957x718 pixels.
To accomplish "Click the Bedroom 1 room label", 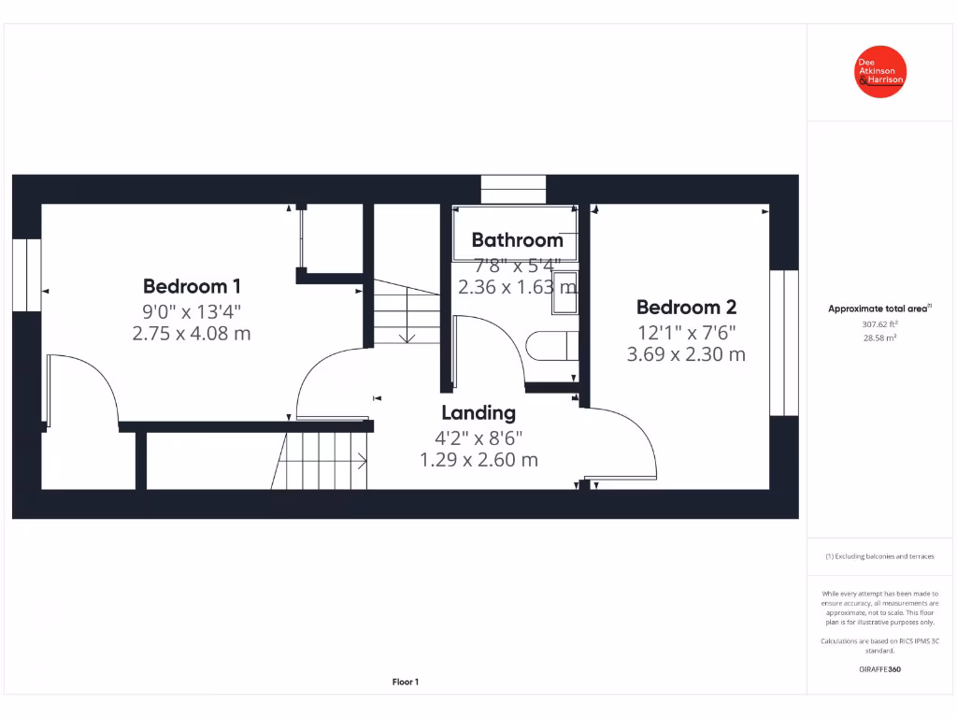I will (192, 286).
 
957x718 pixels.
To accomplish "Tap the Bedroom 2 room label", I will (686, 307).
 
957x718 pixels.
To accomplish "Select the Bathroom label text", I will (517, 240).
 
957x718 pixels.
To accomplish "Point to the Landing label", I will (478, 412).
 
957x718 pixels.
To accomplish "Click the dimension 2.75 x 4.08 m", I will (192, 333).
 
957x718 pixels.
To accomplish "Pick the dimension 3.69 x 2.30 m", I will (686, 354).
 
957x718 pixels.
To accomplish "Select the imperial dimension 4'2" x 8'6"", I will (478, 437).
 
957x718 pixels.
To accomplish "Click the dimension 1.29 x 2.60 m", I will (478, 460).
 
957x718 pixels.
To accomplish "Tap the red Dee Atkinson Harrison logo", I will (880, 72).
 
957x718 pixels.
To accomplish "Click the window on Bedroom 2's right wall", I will (784, 342).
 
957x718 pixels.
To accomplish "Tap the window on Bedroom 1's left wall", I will (27, 275).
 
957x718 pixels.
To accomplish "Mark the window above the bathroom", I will (513, 188).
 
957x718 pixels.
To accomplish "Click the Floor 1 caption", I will (405, 682).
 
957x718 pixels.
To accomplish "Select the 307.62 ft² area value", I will (879, 324).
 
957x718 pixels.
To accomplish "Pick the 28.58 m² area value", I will (879, 338).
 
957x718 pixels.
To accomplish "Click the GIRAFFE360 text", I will (879, 669).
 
